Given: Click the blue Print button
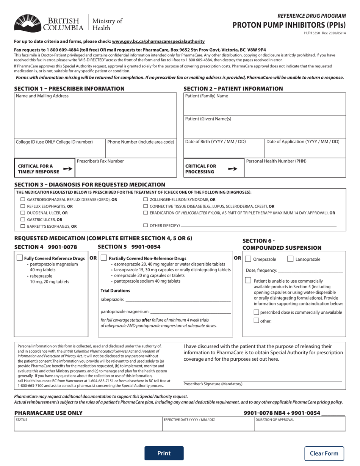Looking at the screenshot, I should (x=164, y=453).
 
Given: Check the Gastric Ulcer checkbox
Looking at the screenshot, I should (x=23, y=219).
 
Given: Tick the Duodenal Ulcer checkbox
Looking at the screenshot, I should (x=23, y=213).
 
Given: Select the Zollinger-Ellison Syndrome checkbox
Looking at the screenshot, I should (x=146, y=199).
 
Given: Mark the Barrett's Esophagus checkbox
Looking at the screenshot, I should (x=23, y=226).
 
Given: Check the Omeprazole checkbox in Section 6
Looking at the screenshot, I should (x=248, y=259).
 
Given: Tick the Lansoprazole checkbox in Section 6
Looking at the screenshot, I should (x=290, y=259).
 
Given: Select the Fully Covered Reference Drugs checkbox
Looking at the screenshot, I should (x=20, y=258).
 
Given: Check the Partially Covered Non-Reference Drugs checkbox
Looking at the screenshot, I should (x=104, y=258).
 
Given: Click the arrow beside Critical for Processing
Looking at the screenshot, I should (x=233, y=169).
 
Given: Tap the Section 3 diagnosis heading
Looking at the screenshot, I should (x=89, y=185).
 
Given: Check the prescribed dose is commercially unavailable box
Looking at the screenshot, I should (x=257, y=313).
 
